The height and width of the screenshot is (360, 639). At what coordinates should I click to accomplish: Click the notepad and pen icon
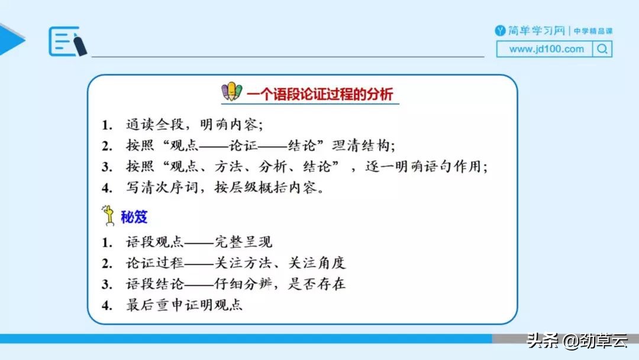(67, 41)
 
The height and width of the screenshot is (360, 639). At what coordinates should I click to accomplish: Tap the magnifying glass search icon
(602, 49)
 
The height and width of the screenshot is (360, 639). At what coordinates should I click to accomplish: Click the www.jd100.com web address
(546, 49)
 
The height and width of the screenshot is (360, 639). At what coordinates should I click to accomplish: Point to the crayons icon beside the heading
(232, 92)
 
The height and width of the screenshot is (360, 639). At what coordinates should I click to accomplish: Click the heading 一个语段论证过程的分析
(319, 94)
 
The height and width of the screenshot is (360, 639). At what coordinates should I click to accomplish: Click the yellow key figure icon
(109, 216)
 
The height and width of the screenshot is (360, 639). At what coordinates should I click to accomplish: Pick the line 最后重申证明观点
(184, 306)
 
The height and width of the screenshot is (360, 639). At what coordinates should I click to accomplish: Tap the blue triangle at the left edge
(11, 40)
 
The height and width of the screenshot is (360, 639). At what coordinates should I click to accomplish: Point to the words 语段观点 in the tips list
(147, 242)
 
